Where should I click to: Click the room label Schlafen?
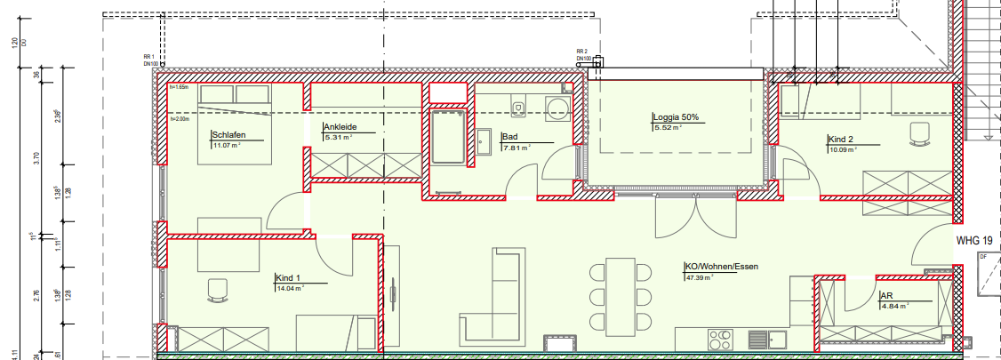(228, 135)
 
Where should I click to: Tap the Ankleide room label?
(340, 127)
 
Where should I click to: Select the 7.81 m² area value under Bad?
(517, 148)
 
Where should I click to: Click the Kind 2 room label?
(840, 140)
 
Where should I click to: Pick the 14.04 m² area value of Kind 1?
(290, 288)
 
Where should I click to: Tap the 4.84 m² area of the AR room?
(894, 306)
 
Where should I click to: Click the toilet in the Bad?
(518, 108)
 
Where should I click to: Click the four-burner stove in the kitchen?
(721, 340)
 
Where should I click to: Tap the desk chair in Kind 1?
(216, 290)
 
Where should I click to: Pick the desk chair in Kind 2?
(918, 134)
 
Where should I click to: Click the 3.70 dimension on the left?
(36, 158)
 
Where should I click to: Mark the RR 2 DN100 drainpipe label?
(583, 55)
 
